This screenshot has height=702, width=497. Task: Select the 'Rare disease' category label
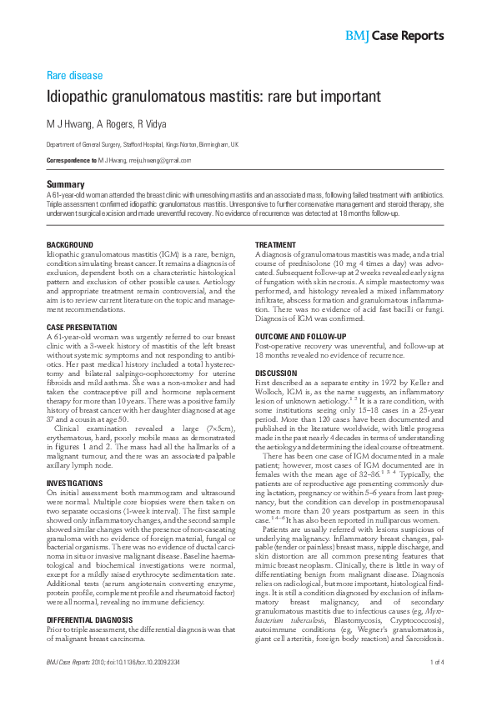point(74,75)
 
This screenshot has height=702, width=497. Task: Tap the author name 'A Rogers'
point(114,124)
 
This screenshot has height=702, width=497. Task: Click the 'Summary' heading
point(65,183)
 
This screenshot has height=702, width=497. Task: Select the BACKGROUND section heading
point(69,244)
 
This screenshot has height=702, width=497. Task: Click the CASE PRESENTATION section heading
point(82,327)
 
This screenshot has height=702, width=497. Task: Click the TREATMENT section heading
point(275,244)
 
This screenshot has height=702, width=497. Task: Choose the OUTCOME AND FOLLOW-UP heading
point(300,335)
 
